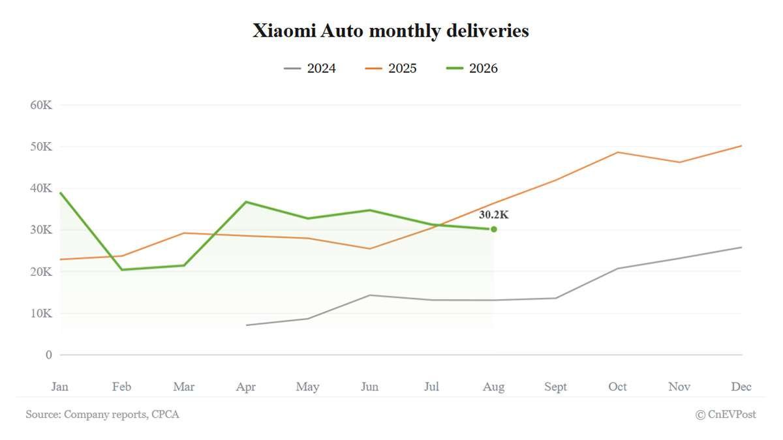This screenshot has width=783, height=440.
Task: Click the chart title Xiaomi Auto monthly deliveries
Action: click(390, 31)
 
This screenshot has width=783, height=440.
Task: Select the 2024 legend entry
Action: click(310, 68)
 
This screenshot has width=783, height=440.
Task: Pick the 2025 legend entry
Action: click(391, 68)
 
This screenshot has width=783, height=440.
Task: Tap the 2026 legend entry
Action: click(472, 68)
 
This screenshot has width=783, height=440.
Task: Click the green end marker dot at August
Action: click(493, 229)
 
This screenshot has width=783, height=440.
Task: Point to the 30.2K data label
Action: click(493, 214)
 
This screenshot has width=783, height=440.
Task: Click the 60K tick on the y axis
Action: click(41, 105)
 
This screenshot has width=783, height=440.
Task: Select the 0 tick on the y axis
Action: click(48, 355)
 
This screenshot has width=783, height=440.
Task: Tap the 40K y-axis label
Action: click(41, 188)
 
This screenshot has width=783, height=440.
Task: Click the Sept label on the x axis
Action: click(555, 387)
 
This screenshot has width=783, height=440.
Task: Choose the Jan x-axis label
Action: click(60, 387)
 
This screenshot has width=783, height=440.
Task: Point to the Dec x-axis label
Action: click(741, 387)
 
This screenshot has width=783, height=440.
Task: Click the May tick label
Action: click(307, 387)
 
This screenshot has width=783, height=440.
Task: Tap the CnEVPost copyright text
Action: click(726, 415)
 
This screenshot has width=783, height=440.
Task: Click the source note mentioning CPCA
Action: click(102, 415)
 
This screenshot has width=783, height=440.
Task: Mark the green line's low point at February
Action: click(122, 270)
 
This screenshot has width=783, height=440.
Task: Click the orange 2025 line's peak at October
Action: click(618, 153)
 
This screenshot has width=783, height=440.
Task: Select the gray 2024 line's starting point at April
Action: click(247, 325)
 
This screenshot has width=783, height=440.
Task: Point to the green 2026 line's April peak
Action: click(246, 202)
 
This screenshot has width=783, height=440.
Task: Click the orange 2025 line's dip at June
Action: click(369, 248)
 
